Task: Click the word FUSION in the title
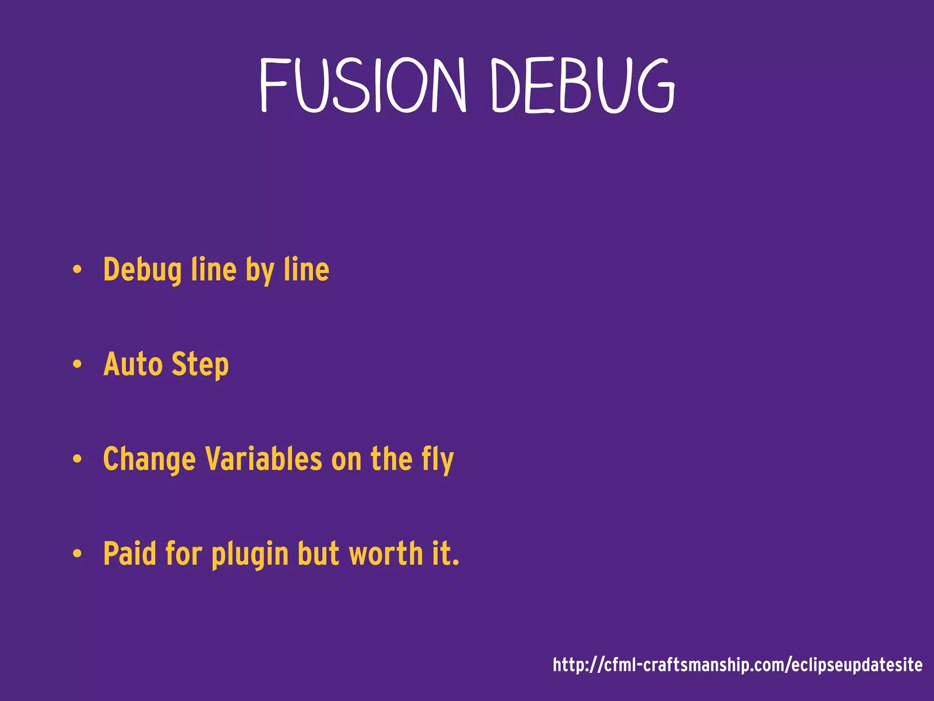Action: [363, 85]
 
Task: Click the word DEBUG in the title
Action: [582, 85]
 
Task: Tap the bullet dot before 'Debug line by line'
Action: [77, 269]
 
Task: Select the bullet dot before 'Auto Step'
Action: [77, 364]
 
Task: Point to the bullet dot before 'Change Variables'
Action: [77, 459]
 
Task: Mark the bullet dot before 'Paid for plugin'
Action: [77, 554]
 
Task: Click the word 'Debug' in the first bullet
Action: [142, 270]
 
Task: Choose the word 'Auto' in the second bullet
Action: [133, 365]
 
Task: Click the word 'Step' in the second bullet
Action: [200, 366]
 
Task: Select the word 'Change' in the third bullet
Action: [150, 460]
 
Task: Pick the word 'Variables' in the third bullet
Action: [264, 459]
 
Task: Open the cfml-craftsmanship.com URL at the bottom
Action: [737, 665]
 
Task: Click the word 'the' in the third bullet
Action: [391, 459]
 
